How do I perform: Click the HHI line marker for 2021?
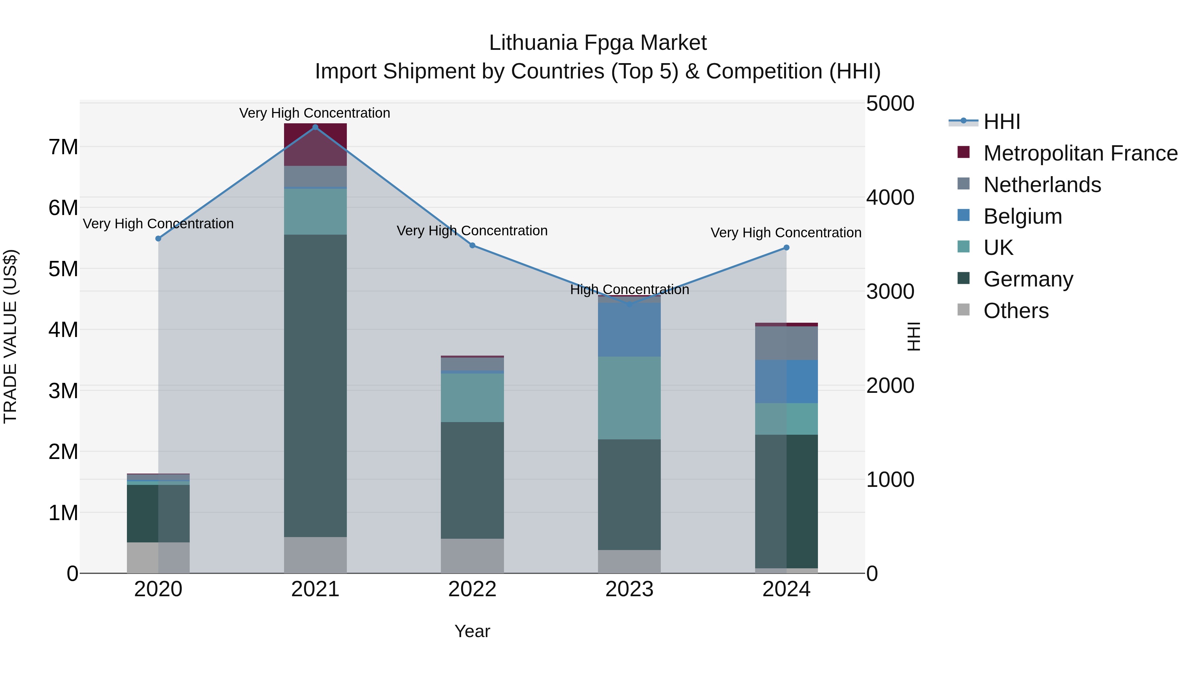click(315, 127)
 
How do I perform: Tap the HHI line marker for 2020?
click(158, 238)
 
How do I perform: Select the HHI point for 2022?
click(472, 245)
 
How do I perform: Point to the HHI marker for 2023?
click(629, 304)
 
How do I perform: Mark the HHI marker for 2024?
click(786, 248)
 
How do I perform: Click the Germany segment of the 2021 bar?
click(315, 386)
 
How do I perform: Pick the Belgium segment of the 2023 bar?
click(629, 329)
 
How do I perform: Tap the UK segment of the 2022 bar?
click(472, 397)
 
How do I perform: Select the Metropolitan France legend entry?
click(1080, 153)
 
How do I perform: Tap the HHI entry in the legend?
click(1001, 122)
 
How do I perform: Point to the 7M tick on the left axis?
click(63, 147)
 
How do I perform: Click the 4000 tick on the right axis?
click(890, 197)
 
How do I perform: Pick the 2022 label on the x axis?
click(472, 589)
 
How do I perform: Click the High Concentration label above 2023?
click(629, 289)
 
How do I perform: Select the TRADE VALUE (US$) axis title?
click(10, 336)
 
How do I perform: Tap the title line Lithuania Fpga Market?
click(598, 43)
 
